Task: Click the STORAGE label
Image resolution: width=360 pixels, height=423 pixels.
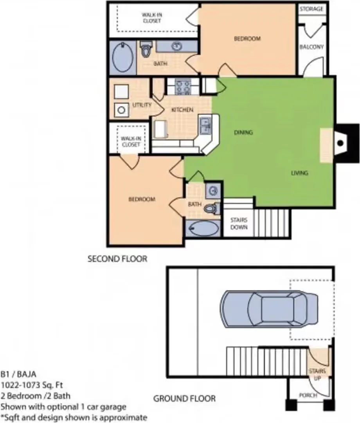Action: (x=311, y=9)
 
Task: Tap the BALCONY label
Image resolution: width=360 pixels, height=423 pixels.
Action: (x=311, y=47)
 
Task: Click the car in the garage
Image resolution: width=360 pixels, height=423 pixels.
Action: (x=269, y=309)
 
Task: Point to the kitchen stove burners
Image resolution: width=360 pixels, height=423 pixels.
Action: (x=183, y=87)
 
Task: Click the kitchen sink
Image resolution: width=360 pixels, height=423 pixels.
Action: (x=205, y=125)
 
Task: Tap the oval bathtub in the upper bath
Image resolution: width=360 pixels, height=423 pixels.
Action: (x=123, y=57)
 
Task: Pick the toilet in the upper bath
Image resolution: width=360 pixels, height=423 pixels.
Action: (x=146, y=49)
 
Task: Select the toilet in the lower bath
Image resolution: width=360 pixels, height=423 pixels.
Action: (x=212, y=208)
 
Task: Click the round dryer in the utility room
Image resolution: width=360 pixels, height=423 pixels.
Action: (x=121, y=110)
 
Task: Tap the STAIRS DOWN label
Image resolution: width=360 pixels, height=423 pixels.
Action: (x=239, y=223)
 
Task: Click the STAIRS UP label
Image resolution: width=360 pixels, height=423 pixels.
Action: (x=317, y=374)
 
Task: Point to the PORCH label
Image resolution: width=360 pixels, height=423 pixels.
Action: (x=308, y=395)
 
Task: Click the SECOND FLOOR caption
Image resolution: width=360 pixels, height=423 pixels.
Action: (x=117, y=259)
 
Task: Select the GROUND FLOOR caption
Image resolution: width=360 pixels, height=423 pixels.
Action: (x=185, y=398)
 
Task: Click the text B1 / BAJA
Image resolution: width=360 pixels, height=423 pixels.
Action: (x=18, y=374)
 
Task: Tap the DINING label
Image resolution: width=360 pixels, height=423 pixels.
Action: (x=243, y=132)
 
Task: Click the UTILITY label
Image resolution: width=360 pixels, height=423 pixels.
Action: (x=142, y=105)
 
